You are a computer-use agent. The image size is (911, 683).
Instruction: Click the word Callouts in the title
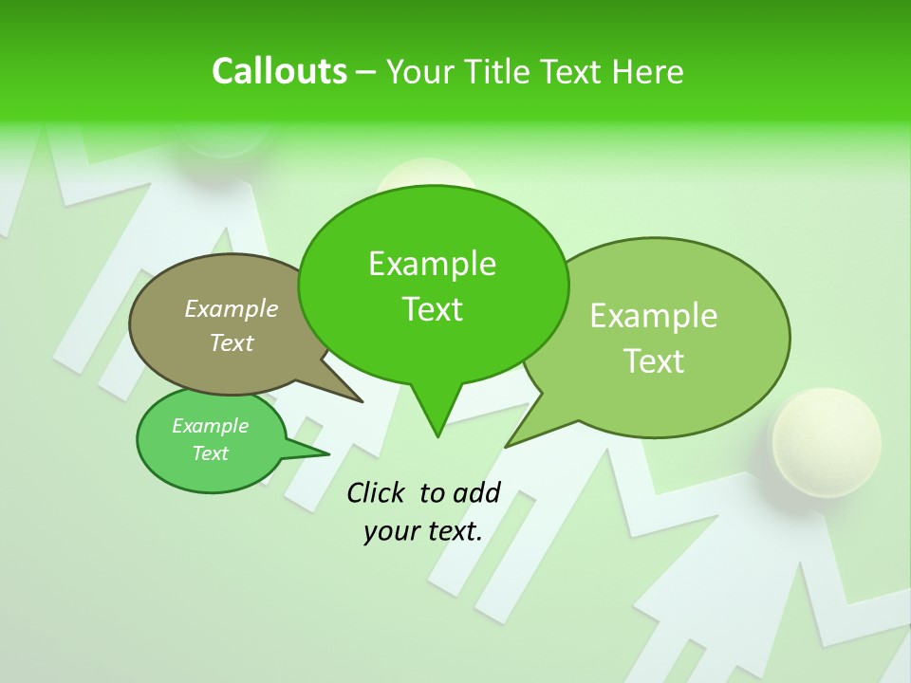[x=279, y=71]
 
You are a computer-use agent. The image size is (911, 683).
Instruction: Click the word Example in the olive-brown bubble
[x=232, y=308]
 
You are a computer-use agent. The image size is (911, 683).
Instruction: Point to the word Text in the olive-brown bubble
[x=232, y=342]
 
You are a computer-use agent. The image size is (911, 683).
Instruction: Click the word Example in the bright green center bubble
[x=432, y=264]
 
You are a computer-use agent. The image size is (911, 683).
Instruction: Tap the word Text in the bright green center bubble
[x=432, y=309]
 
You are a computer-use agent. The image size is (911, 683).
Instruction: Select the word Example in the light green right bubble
[x=654, y=316]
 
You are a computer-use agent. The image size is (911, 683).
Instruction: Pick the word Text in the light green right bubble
[x=654, y=360]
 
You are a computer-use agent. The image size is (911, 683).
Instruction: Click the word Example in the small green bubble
[x=211, y=426]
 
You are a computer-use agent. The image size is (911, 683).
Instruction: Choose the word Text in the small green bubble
[x=211, y=453]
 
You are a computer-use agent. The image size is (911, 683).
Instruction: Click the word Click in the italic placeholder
[x=378, y=492]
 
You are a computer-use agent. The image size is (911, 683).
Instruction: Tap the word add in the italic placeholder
[x=476, y=492]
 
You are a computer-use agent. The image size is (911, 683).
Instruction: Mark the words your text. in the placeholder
[x=423, y=531]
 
